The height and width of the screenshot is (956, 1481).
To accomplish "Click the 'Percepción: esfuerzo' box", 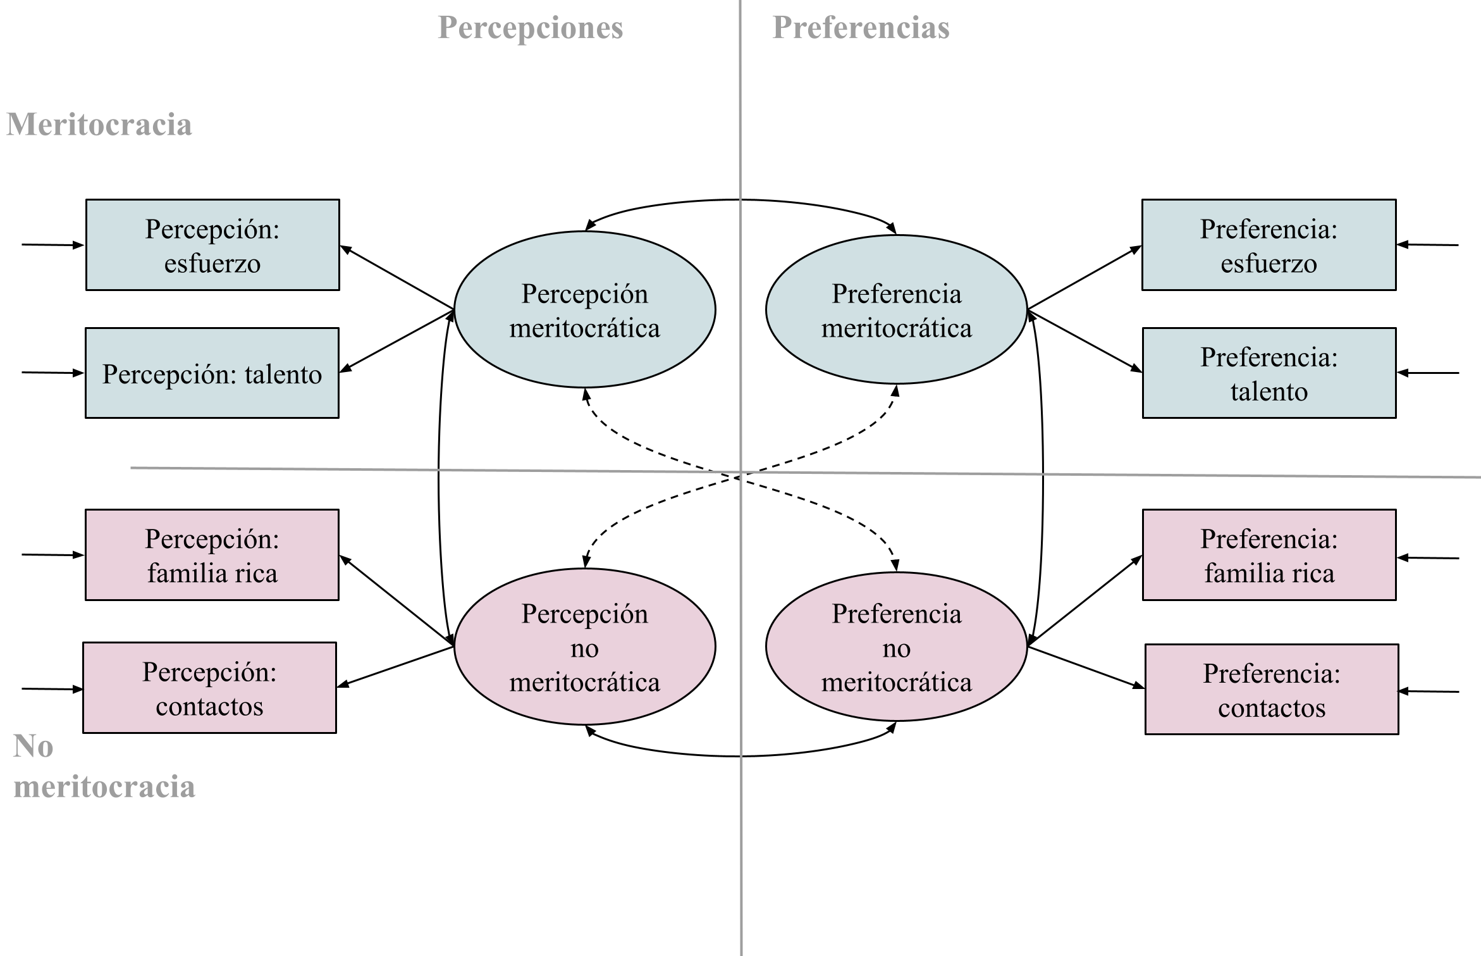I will (x=212, y=245).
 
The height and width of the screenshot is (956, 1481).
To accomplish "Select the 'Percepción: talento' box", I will (x=212, y=373).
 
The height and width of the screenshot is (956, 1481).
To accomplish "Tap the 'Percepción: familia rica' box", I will (x=212, y=555).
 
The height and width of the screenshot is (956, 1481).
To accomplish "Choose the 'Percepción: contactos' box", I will (x=209, y=688).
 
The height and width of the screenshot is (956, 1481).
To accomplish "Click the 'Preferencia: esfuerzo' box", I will (x=1269, y=245).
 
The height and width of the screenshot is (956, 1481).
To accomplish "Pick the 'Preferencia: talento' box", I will (x=1269, y=373).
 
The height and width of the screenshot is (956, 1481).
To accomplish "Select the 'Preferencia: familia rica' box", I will (x=1269, y=555).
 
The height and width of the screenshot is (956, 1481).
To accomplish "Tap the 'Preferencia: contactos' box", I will (x=1271, y=690).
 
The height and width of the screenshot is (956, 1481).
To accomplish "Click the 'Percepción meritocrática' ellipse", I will (x=585, y=310).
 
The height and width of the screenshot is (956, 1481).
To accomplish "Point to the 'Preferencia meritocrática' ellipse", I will (x=896, y=310).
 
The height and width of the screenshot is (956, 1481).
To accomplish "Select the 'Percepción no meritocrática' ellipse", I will (x=585, y=647).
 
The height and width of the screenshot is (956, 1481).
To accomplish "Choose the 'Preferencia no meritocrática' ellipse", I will (x=896, y=647).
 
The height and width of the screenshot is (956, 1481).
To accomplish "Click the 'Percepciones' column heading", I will (x=530, y=28).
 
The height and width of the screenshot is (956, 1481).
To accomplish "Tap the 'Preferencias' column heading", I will (x=861, y=28).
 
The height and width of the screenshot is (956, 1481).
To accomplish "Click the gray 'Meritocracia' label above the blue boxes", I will (x=99, y=124).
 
